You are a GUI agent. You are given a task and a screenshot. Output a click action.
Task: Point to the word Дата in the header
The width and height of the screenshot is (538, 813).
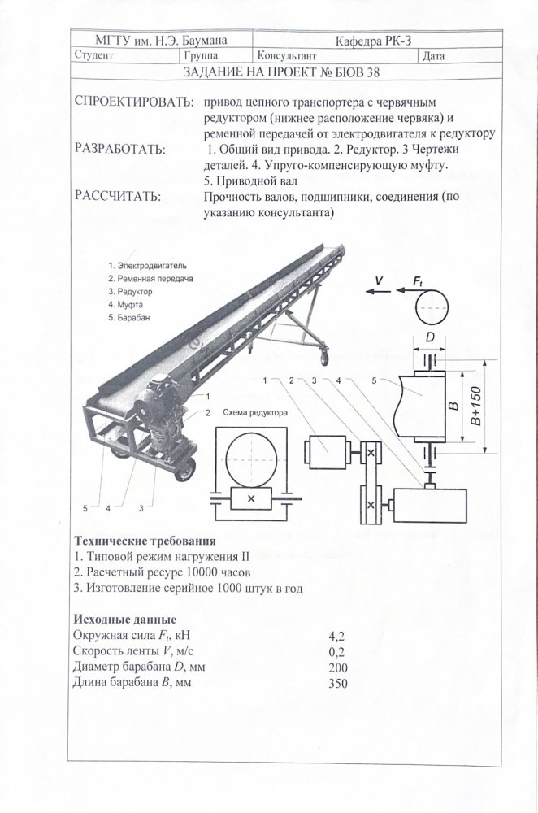[x=433, y=57]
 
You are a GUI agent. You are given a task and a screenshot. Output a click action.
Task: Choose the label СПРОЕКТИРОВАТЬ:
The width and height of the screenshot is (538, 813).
[x=133, y=105]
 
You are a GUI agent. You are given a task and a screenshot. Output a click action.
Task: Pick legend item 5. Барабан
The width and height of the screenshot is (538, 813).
[x=129, y=317]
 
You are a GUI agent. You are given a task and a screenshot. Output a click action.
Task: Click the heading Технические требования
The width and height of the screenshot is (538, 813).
[x=145, y=540]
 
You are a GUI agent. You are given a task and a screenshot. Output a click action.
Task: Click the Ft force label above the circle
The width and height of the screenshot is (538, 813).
[x=418, y=280]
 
